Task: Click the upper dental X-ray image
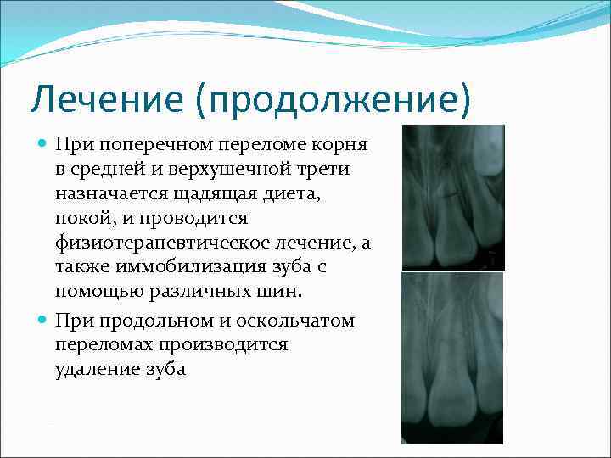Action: coord(452,197)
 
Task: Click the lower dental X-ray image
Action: coord(452,357)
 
